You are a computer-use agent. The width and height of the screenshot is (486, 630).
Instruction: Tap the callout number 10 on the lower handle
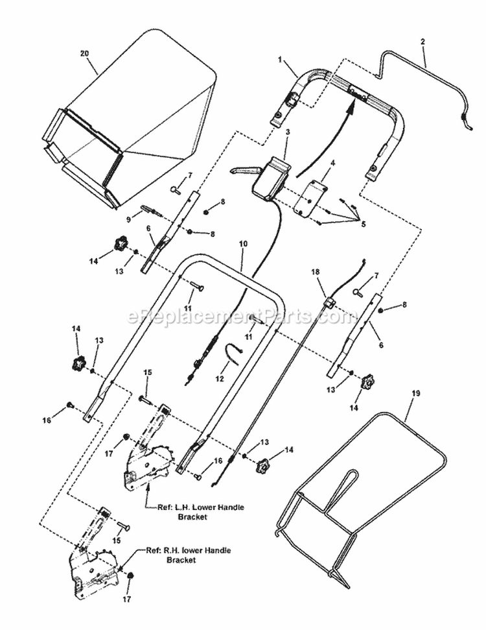[x=243, y=245]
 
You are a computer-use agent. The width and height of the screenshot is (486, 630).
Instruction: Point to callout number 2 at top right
[x=423, y=42]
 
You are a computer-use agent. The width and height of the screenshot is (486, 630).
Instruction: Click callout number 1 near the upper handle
[x=281, y=59]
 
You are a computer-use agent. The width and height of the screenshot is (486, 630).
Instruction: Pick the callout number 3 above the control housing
[x=287, y=132]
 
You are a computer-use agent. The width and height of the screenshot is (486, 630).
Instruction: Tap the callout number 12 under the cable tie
[x=218, y=378]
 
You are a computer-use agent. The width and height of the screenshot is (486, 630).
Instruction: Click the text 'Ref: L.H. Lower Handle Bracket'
[x=196, y=512]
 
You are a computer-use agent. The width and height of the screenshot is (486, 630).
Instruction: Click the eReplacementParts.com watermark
[x=242, y=317]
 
